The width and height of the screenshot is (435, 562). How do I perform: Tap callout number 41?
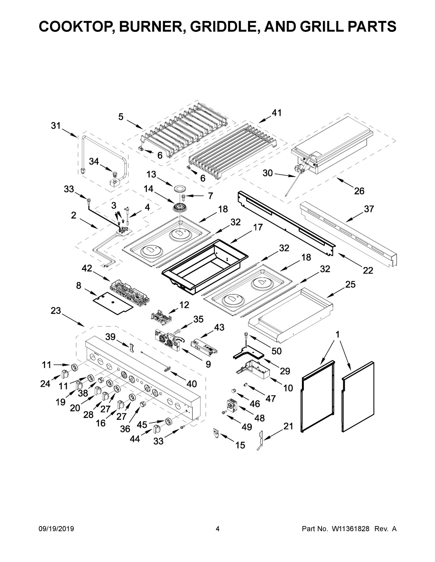[x=277, y=113]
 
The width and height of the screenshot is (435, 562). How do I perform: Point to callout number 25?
[x=350, y=284]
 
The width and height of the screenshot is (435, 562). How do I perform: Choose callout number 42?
[x=87, y=268]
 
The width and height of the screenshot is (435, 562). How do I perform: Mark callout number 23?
[x=55, y=311]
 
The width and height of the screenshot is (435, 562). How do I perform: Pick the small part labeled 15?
[x=217, y=432]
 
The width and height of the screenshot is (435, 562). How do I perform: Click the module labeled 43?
[x=204, y=346]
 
